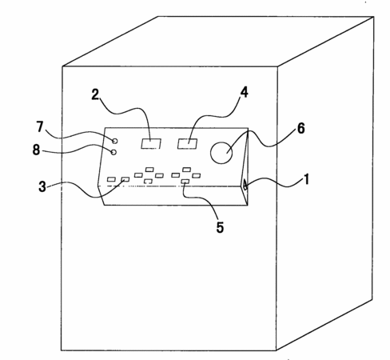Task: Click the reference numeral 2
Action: coord(95,94)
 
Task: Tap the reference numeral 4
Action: coord(244,92)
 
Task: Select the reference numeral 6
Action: coord(300,129)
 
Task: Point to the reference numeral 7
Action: coord(40,126)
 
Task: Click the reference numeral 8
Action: coord(36,150)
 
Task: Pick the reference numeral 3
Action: coord(42,186)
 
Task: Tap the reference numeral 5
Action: coord(220,227)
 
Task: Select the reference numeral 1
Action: coord(307,179)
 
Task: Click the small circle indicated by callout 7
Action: coord(115,141)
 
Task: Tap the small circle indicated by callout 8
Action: coord(113,152)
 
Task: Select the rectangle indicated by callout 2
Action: coord(151,144)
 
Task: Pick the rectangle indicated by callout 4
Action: coord(188,144)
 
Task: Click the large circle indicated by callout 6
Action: coord(221,153)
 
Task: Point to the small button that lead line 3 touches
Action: coord(125,179)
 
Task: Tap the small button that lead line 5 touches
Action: coord(185,182)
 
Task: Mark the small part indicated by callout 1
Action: coord(245,186)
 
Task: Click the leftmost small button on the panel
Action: coord(111,179)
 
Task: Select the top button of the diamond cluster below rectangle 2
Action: coord(149,170)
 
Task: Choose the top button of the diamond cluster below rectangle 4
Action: coord(187,170)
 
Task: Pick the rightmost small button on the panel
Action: coord(197,175)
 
